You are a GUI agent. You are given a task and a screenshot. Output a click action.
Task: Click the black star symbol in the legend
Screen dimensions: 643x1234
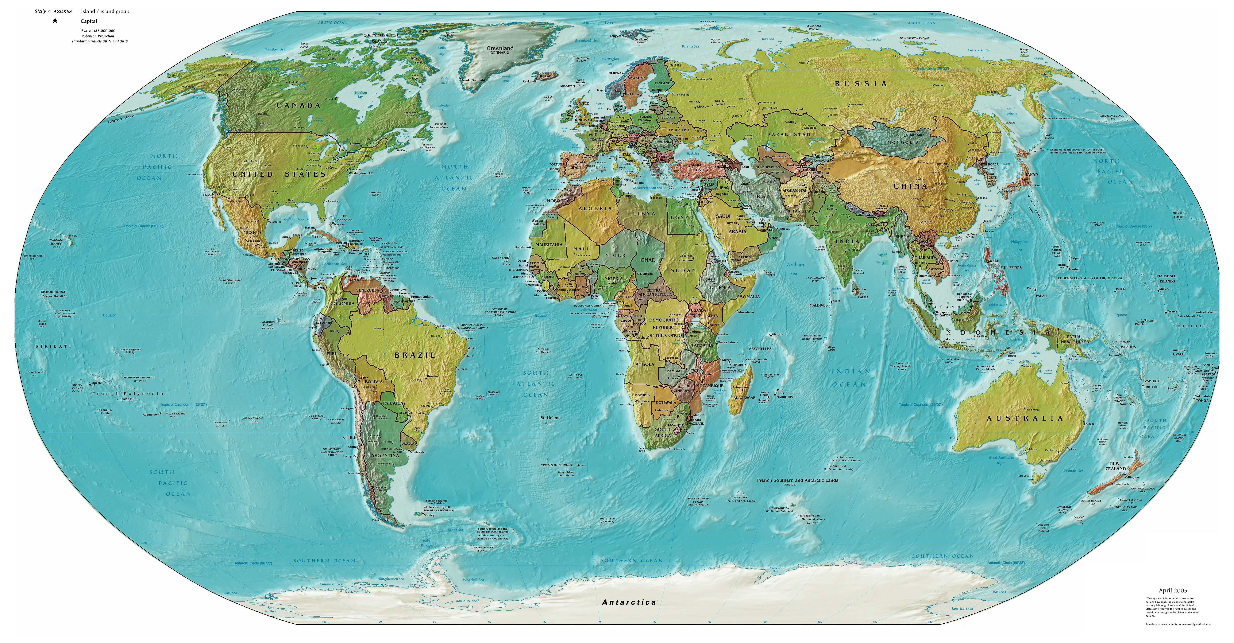(x=55, y=21)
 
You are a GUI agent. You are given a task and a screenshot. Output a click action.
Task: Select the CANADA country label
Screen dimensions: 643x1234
(x=298, y=105)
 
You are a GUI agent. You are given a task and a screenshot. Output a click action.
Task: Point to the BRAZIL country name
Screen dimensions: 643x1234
(x=415, y=355)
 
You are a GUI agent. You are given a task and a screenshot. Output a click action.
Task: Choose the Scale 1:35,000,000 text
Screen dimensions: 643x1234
(x=98, y=31)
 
